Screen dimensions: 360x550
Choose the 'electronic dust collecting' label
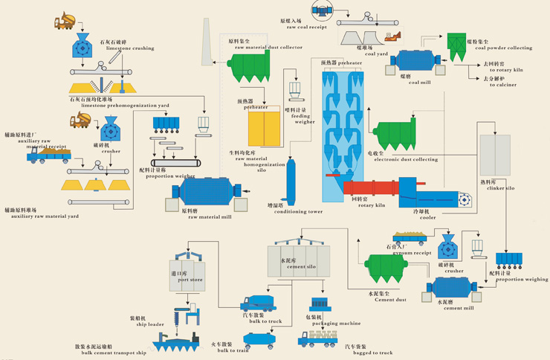point(406,159)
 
